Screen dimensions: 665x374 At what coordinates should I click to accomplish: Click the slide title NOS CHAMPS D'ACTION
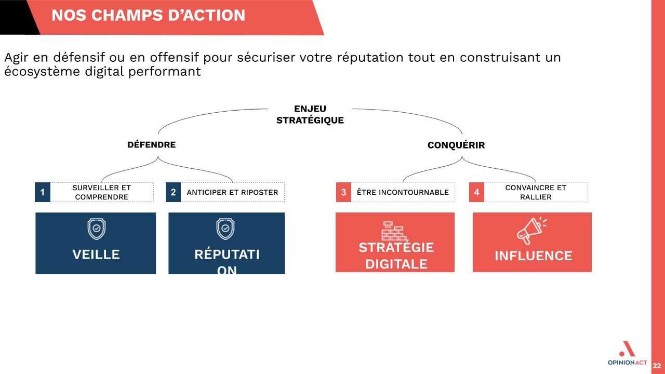(x=149, y=16)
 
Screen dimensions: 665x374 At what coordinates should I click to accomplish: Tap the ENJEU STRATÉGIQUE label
(x=310, y=115)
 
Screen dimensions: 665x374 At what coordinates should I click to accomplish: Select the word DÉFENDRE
(x=151, y=144)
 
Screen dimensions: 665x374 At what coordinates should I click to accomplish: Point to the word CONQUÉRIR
(x=456, y=145)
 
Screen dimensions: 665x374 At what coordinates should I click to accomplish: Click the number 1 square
(x=43, y=192)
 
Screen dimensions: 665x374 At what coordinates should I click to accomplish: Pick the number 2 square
(x=174, y=192)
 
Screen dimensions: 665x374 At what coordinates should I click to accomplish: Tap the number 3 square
(x=344, y=192)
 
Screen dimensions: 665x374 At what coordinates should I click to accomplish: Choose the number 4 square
(x=477, y=192)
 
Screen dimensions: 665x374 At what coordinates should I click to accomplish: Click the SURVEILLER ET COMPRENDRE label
(x=101, y=192)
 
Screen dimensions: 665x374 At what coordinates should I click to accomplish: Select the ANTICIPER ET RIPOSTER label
(x=232, y=192)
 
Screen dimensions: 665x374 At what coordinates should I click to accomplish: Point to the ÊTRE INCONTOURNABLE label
(x=403, y=192)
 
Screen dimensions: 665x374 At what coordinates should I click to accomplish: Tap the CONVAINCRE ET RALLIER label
(x=536, y=192)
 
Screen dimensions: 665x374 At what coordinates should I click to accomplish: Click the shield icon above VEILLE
(x=97, y=229)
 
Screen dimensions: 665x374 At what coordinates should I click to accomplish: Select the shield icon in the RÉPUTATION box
(x=225, y=229)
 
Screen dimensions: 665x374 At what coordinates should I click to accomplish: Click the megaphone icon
(x=531, y=231)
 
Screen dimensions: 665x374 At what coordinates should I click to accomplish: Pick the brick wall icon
(x=394, y=231)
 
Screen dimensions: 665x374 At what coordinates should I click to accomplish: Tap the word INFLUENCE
(x=534, y=256)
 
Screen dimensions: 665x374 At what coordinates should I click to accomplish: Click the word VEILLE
(x=96, y=255)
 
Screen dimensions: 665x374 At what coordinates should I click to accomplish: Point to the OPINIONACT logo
(x=627, y=353)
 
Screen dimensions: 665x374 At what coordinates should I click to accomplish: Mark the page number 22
(x=657, y=366)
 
